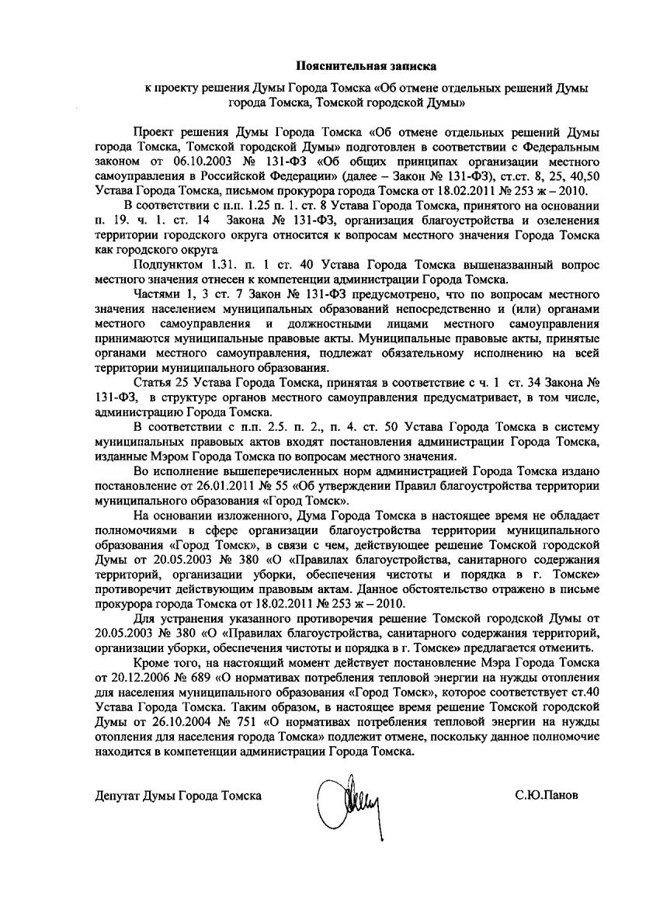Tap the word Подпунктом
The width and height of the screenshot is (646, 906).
[x=166, y=265]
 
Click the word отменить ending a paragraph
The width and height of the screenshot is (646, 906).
[x=570, y=648]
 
